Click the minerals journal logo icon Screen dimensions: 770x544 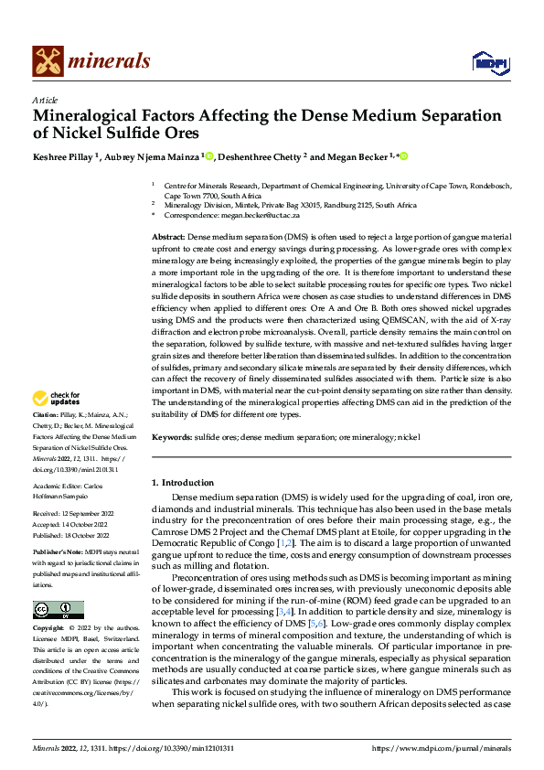pos(48,60)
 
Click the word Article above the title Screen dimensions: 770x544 pos(45,100)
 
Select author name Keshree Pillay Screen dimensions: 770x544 pos(65,156)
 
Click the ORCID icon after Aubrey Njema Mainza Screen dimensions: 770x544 pos(209,156)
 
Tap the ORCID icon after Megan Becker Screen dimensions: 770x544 pos(402,156)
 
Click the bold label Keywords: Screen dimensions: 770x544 pos(173,438)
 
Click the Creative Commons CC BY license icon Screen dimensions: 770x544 pos(58,610)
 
